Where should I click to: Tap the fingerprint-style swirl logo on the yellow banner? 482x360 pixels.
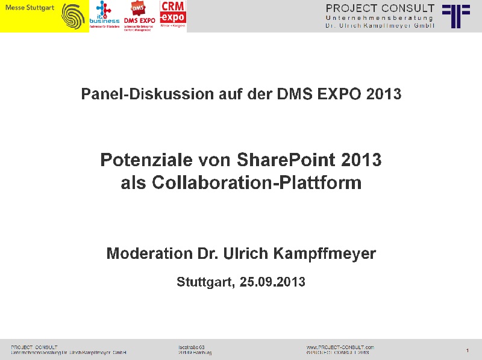pyautogui.click(x=74, y=16)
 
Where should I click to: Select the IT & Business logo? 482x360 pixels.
pyautogui.click(x=104, y=16)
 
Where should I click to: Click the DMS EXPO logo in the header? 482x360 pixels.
pyautogui.click(x=139, y=16)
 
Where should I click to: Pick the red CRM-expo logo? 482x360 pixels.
pyautogui.click(x=173, y=16)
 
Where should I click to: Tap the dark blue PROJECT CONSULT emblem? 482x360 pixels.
pyautogui.click(x=456, y=16)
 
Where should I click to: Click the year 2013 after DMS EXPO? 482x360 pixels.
pyautogui.click(x=384, y=95)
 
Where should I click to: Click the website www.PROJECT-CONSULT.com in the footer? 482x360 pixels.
pyautogui.click(x=340, y=347)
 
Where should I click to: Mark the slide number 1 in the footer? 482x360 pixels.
pyautogui.click(x=468, y=350)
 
